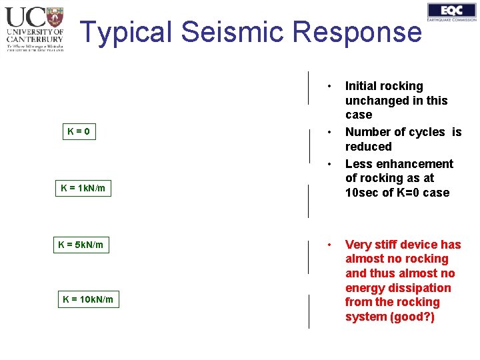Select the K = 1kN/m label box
pyautogui.click(x=83, y=189)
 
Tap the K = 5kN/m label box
pyautogui.click(x=81, y=245)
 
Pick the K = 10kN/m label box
pyautogui.click(x=88, y=299)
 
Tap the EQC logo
pyautogui.click(x=451, y=12)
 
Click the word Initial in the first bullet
pyautogui.click(x=361, y=86)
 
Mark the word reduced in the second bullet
pyautogui.click(x=368, y=147)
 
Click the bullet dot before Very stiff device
pyautogui.click(x=329, y=245)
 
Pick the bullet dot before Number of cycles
pyautogui.click(x=329, y=132)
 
